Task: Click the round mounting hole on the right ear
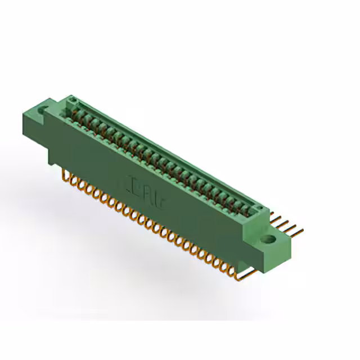[271, 239]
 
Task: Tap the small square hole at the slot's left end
[72, 101]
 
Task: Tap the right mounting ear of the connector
[274, 239]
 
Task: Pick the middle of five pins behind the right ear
[287, 224]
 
